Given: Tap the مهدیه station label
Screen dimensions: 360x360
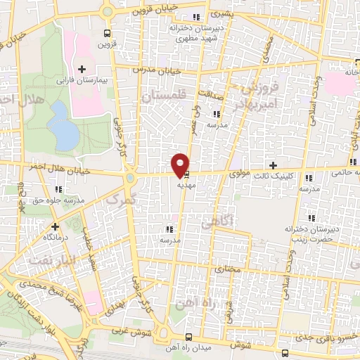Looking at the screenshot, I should pos(186,179).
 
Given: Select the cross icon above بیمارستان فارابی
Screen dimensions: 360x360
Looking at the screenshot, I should pos(83,69).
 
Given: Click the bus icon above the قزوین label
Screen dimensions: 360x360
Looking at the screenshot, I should pos(107,33).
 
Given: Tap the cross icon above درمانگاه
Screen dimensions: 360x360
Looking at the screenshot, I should pos(56,226).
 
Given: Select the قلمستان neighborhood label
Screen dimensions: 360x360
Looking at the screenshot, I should pos(163,97).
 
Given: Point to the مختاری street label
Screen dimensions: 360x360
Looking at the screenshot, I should pos(228,269).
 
